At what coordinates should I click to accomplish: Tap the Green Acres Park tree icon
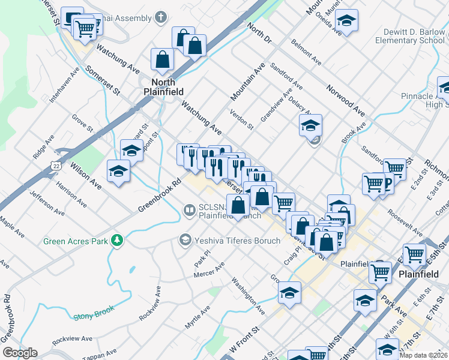click(x=117, y=241)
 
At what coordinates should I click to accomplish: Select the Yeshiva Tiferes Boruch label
click(x=237, y=241)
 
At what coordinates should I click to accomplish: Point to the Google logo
click(x=19, y=353)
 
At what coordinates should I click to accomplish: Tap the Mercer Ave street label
click(x=209, y=269)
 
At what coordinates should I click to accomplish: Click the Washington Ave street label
click(x=248, y=296)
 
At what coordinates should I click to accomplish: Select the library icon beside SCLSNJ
click(x=189, y=210)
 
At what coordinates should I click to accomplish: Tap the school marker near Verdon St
click(x=310, y=125)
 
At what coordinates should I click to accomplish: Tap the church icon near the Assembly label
click(x=160, y=17)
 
